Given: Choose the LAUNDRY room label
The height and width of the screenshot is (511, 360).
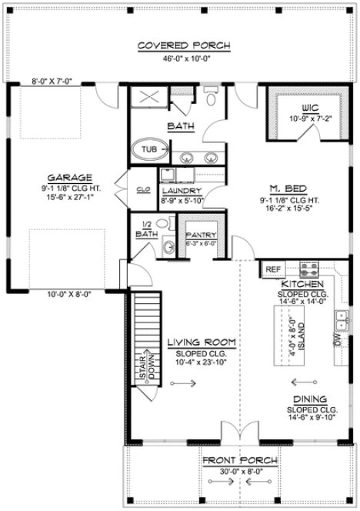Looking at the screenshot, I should coord(182,190).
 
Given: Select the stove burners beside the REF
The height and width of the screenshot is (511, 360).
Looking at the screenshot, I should coord(309,270).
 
